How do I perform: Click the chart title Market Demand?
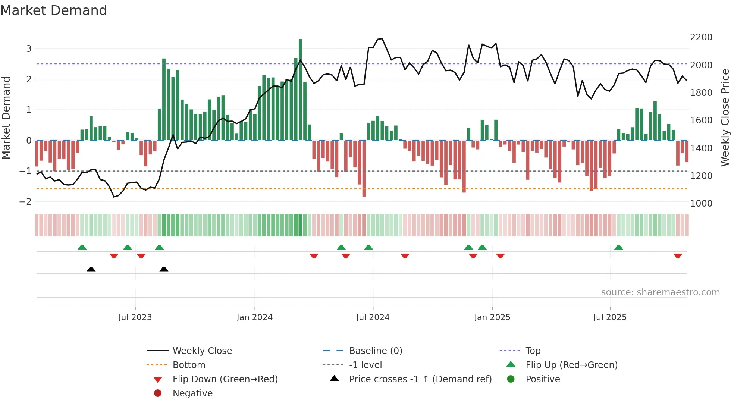(54, 10)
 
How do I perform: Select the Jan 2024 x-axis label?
(254, 317)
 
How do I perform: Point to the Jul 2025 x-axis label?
(610, 317)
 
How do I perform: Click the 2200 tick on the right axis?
(701, 37)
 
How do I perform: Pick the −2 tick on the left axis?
(26, 202)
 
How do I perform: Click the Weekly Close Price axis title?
(725, 117)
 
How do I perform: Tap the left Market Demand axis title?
(6, 117)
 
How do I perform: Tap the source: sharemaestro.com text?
(660, 292)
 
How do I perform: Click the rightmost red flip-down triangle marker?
(678, 256)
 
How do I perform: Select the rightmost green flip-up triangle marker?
(618, 247)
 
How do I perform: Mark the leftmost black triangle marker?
(91, 269)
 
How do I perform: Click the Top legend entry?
(533, 351)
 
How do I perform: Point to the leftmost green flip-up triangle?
(82, 247)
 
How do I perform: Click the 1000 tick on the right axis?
(701, 204)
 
